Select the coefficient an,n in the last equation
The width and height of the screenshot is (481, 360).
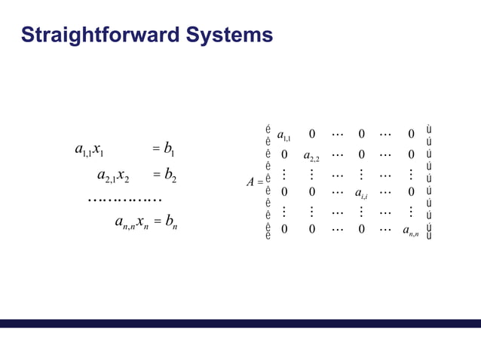click(124, 223)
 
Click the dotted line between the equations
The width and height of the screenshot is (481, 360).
click(124, 200)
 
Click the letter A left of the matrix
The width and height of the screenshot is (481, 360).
click(250, 182)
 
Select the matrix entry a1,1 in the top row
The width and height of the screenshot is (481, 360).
click(286, 136)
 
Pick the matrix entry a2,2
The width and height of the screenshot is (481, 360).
click(311, 157)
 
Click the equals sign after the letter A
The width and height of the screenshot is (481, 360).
click(259, 182)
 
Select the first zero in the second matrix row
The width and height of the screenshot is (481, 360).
click(284, 155)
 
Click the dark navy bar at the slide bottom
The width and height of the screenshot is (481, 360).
click(240, 323)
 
